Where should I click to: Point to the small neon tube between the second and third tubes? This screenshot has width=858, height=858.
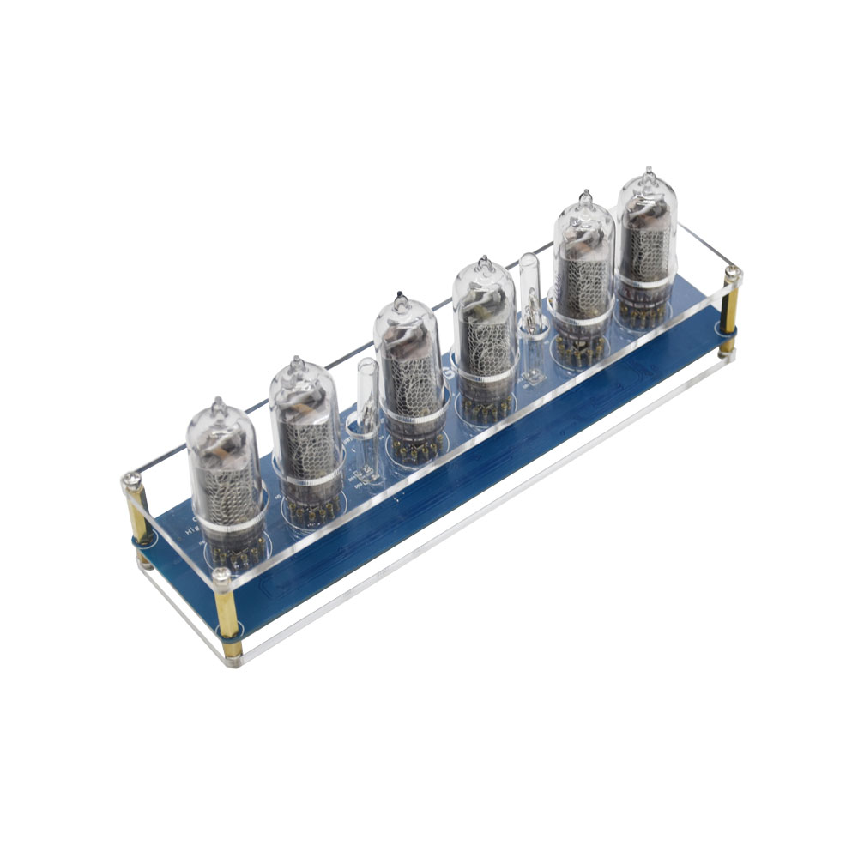[367, 412]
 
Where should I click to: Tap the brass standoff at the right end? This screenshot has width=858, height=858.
[729, 313]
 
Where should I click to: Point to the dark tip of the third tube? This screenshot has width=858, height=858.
[398, 298]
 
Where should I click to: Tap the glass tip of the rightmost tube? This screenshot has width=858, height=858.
[650, 174]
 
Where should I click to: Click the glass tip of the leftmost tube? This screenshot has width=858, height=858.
[218, 403]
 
